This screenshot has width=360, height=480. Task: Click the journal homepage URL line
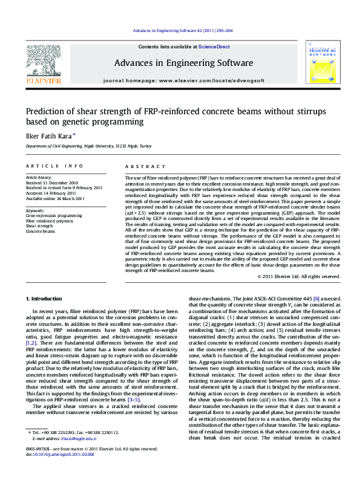[184, 80]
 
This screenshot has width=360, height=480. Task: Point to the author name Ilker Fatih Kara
[48, 135]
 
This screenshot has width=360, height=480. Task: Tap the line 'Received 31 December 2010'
[51, 183]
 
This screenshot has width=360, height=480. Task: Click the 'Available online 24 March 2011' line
[56, 198]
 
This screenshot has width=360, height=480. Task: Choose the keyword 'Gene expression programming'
[54, 215]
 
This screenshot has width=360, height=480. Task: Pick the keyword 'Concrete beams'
[40, 232]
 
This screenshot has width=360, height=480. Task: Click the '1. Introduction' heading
[46, 299]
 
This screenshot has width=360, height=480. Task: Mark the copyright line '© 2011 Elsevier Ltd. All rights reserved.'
[299, 276]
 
